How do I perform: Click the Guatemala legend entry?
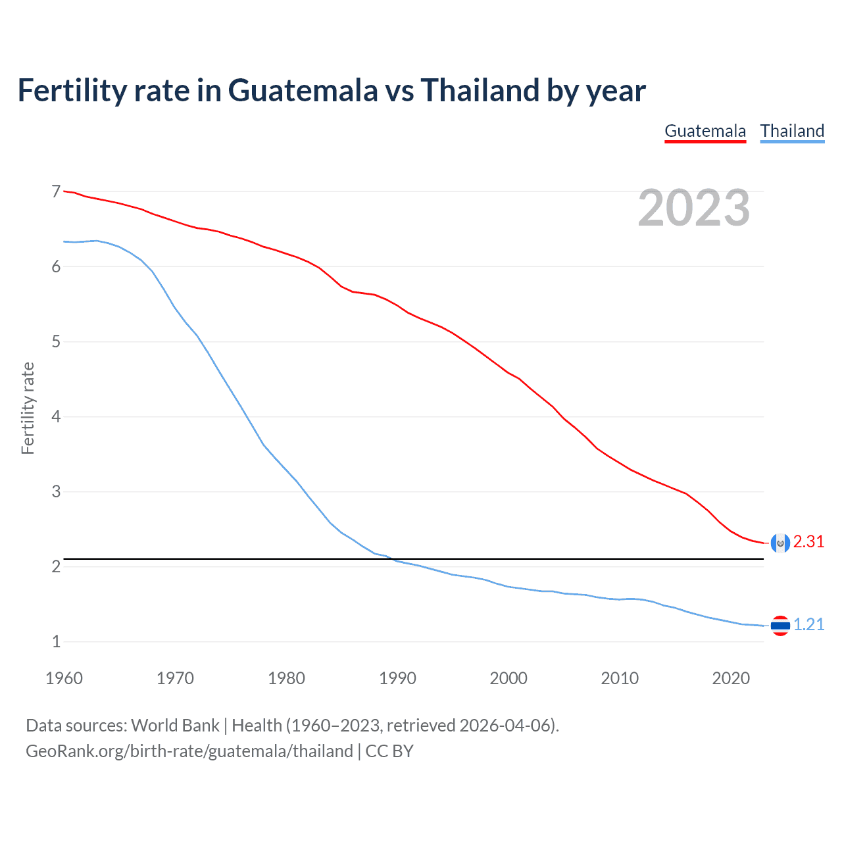705,131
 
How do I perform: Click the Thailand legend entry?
792,131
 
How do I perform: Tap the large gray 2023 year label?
694,208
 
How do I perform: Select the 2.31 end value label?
808,541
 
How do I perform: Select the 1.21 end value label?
808,624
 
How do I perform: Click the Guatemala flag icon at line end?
780,543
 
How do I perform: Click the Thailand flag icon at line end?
780,626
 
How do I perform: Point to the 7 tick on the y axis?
56,191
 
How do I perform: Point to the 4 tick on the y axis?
56,416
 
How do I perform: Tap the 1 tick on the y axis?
56,641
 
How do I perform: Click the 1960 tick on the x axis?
64,678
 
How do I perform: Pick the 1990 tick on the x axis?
397,678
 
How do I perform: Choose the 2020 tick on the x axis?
731,678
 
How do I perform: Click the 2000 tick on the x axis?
508,678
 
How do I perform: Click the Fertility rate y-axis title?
28,408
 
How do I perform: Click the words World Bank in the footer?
175,726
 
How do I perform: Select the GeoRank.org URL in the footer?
189,751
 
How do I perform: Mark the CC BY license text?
389,751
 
